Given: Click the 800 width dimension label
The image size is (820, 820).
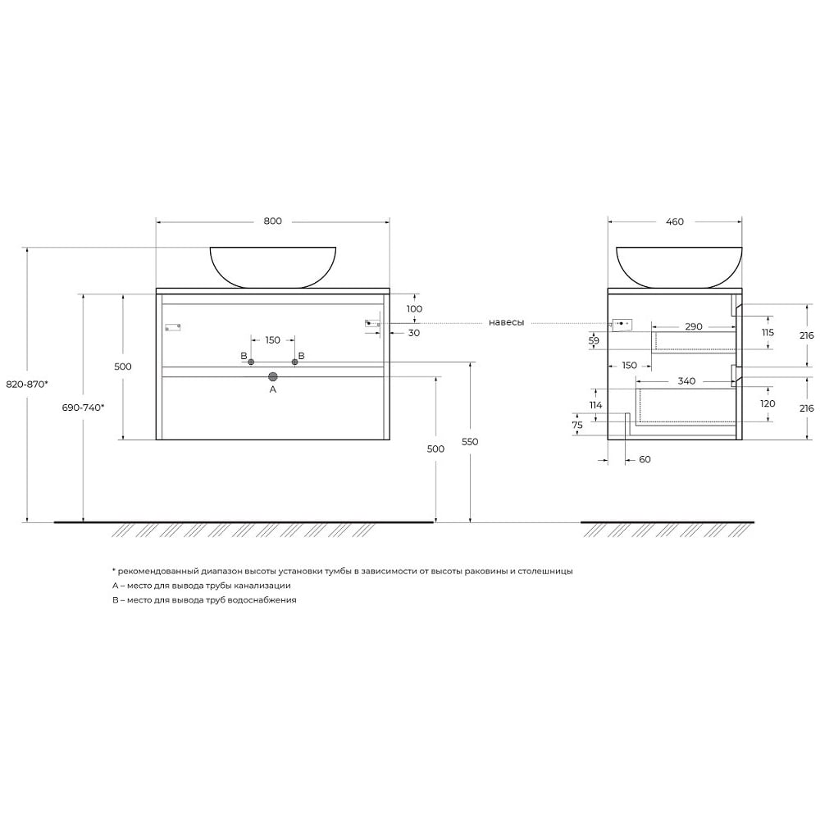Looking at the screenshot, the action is [x=272, y=221].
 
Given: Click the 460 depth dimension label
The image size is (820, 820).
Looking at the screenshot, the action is [x=675, y=221].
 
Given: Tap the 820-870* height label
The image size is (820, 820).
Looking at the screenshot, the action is [x=27, y=385].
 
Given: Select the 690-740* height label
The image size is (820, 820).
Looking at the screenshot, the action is [x=83, y=408].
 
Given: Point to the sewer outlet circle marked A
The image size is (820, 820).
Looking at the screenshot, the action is [x=272, y=376].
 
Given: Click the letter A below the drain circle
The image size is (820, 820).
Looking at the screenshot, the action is [x=272, y=389].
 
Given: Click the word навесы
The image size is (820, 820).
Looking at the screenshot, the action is [x=506, y=322].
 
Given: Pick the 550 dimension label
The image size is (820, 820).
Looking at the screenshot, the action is [x=470, y=442].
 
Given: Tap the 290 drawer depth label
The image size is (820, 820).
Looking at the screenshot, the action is [x=694, y=327].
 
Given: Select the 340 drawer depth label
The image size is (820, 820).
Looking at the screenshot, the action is [x=686, y=381].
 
